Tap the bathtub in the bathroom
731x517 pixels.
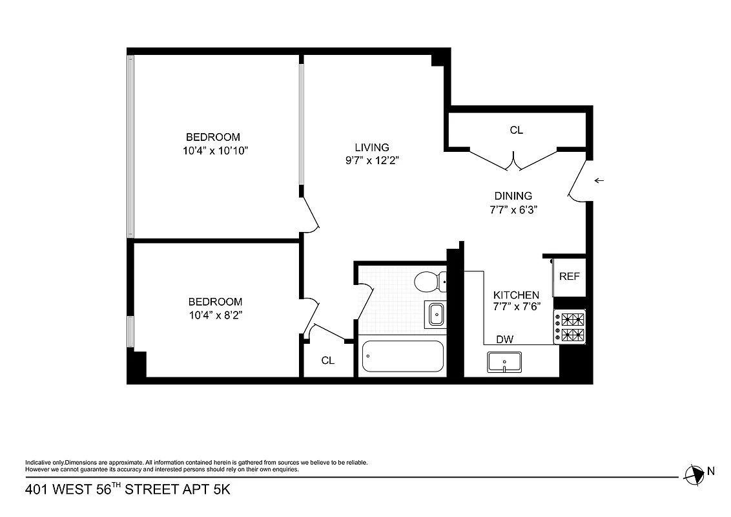coord(403,356)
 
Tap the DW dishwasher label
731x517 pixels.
coord(504,339)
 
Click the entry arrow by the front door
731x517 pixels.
coord(599,180)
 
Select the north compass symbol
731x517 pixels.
coord(695,474)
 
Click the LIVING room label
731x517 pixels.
coord(371,147)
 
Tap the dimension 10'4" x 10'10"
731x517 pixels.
coord(216,151)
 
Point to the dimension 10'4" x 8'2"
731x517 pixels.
coord(216,315)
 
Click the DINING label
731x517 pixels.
coord(513,196)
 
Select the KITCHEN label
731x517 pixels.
coord(516,295)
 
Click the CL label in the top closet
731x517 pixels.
coord(516,130)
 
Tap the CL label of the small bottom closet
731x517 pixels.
coord(328,361)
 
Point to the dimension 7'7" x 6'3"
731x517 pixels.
coord(513,209)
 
